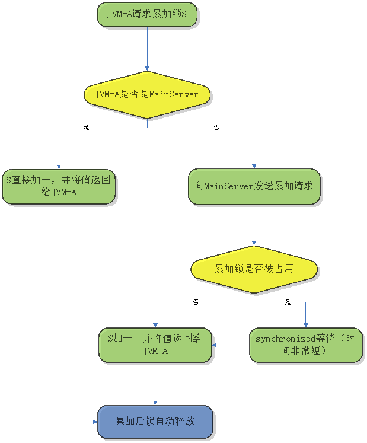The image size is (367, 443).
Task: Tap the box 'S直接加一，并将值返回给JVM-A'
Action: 58,186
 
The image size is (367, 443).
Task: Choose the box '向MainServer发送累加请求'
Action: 254,186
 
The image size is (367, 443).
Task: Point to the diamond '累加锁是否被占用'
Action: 254,269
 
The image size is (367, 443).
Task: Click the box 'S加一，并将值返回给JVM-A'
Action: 155,345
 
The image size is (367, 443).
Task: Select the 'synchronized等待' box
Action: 306,345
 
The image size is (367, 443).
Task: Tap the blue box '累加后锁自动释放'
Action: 155,422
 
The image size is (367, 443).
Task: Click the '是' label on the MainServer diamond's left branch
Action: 86,128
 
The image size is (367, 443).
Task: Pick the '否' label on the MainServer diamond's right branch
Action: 216,128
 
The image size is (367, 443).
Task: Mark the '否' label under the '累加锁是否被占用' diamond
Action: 196,302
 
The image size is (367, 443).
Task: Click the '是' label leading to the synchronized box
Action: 288,302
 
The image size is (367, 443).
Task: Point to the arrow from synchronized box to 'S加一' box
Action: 231,345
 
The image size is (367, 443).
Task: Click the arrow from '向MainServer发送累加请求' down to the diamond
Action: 254,225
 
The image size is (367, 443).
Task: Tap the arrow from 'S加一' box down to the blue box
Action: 155,384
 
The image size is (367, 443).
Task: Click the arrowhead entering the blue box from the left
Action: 95,422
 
